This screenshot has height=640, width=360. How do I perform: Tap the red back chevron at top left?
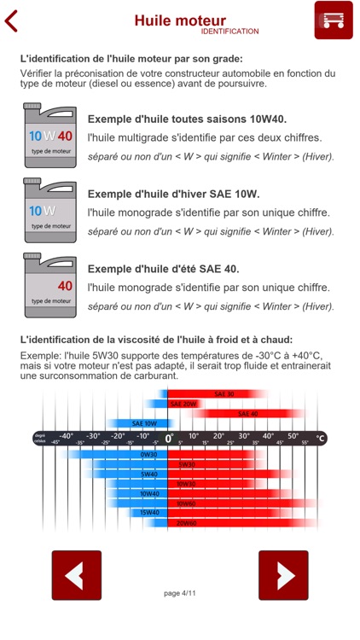pos(11,20)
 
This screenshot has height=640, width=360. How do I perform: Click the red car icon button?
pos(334,20)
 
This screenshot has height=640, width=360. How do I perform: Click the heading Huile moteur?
pos(180,20)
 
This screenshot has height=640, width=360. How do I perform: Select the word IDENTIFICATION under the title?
pos(229,32)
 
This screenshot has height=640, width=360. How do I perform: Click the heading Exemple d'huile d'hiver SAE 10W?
pos(173,194)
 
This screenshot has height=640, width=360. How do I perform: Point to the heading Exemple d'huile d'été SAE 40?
pos(163,269)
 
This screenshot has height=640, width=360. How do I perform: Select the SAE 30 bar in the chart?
pos(224,394)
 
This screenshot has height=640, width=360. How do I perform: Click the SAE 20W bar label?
pos(183,404)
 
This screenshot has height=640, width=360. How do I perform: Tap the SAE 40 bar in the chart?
pos(247,414)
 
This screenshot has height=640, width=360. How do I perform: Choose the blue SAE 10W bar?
pos(143,423)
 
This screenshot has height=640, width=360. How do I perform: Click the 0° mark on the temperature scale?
pos(169,438)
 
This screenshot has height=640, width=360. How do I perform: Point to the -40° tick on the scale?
pos(67,436)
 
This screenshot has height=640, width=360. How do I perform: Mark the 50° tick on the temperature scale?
pos(293,436)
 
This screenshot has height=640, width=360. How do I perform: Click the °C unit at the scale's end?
pos(321,438)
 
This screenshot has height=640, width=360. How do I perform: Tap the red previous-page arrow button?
pos(77,575)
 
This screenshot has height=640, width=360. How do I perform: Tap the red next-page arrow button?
pos(283,575)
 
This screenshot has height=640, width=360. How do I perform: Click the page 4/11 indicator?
pos(180,592)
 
